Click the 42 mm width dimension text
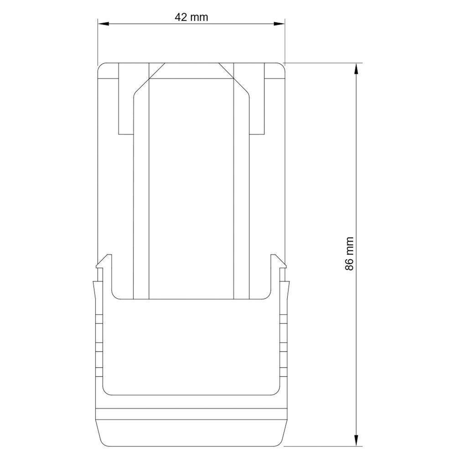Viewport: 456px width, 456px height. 191,17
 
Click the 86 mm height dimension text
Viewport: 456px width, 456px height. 350,254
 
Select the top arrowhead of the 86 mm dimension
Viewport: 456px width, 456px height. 356,67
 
